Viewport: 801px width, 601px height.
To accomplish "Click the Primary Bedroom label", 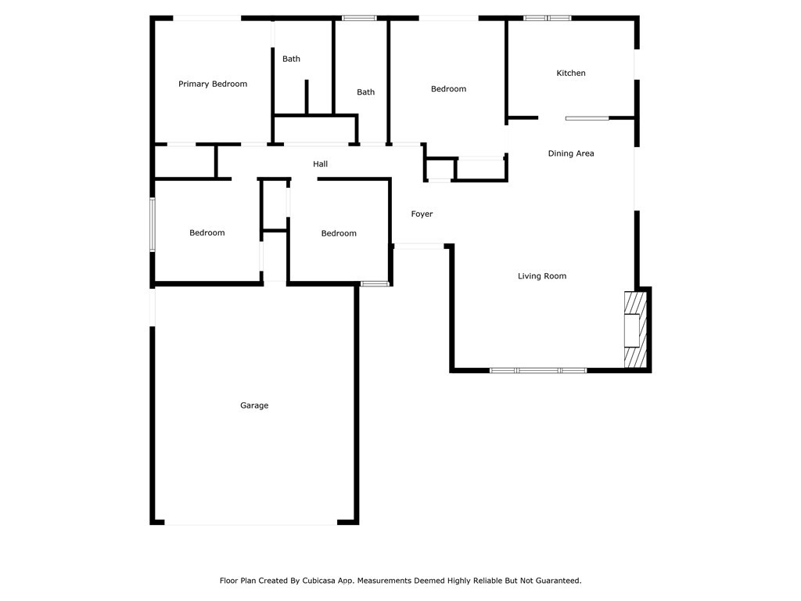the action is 213,84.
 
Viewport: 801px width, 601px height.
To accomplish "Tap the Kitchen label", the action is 570,73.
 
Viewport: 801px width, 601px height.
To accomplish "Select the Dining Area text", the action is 570,153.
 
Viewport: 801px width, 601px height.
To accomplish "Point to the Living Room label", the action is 542,276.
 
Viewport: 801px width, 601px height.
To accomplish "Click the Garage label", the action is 254,405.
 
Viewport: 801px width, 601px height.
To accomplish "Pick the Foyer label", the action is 422,214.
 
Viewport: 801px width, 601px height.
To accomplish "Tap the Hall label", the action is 320,164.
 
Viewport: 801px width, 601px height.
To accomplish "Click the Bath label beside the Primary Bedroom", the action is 291,59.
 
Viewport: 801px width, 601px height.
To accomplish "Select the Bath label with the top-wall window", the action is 365,92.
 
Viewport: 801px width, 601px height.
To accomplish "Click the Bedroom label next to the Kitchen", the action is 448,89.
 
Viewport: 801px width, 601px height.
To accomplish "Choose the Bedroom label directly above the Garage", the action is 207,232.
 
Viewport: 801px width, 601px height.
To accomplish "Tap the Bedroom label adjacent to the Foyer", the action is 339,233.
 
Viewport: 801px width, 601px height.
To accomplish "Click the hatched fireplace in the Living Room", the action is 636,329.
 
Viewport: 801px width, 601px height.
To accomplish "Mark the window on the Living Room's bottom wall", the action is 538,370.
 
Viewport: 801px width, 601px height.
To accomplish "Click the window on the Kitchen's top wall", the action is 547,18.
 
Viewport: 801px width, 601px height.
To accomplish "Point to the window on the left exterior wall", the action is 153,225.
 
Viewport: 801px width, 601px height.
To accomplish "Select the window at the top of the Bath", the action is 359,18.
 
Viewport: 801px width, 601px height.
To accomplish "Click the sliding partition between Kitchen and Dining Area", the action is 587,119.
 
